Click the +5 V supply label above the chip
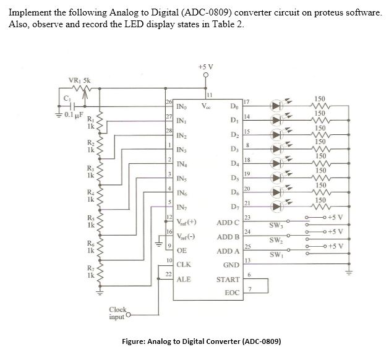point(207,66)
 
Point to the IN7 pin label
point(183,206)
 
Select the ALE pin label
point(184,279)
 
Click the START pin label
point(228,280)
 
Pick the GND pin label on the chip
point(231,265)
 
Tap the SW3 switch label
point(276,225)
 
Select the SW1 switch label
point(276,255)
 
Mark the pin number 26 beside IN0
point(168,101)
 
